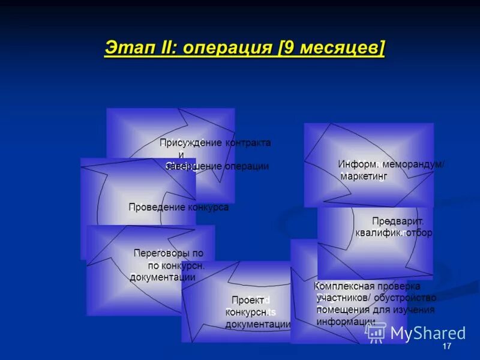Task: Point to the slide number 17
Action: [x=446, y=347]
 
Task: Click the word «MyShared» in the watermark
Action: [x=428, y=334]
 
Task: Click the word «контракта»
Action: [x=248, y=143]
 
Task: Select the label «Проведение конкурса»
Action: [x=178, y=207]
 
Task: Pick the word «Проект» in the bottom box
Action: [x=247, y=300]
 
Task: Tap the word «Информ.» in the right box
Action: [x=357, y=164]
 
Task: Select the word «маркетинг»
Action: [x=364, y=176]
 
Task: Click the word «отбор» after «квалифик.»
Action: [x=419, y=232]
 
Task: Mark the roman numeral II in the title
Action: [x=164, y=48]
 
